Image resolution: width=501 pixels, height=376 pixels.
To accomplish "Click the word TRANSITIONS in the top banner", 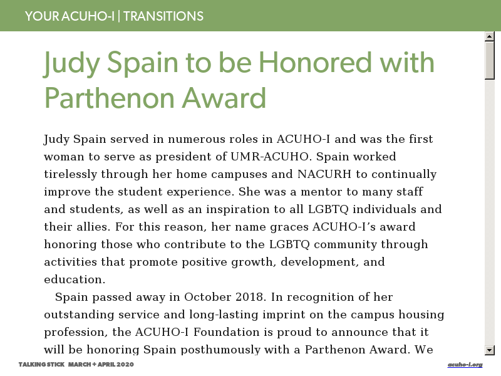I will click(x=163, y=16).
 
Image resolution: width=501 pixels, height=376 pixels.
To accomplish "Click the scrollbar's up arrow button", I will click(x=490, y=36).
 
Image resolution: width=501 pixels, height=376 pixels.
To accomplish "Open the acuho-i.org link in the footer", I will click(x=465, y=365).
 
